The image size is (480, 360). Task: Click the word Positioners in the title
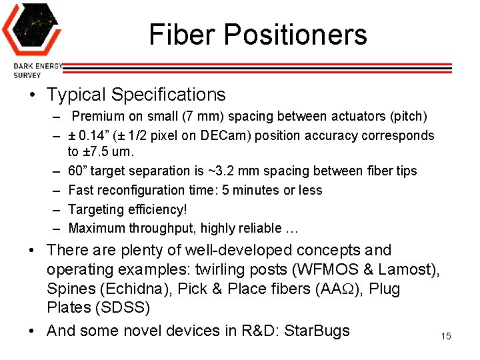291,35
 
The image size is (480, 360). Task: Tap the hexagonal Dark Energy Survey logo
31,29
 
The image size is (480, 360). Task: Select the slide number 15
446,336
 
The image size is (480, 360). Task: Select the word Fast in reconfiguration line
81,191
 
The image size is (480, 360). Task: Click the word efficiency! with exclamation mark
141,209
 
